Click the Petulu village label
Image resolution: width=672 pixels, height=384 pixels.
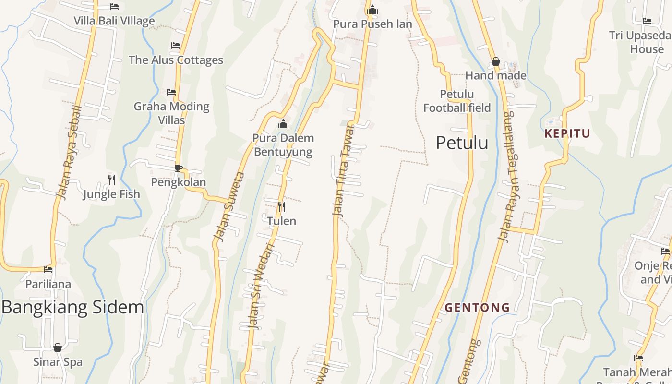coord(462,143)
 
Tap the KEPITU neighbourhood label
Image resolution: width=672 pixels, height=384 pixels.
coord(567,133)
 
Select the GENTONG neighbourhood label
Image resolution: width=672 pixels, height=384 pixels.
coord(477,307)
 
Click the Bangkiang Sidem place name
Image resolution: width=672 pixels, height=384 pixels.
coord(72,307)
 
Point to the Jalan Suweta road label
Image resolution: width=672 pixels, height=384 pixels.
coord(229,206)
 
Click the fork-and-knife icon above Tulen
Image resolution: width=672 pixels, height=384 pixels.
coord(282,207)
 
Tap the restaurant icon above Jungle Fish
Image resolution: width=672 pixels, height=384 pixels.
coord(112,180)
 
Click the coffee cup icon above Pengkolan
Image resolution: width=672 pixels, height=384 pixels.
coord(178,168)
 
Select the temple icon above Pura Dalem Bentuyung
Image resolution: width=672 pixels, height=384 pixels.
coord(283,124)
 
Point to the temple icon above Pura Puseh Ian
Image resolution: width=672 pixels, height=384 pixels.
coord(372,10)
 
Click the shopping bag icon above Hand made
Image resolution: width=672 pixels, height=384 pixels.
coord(496,61)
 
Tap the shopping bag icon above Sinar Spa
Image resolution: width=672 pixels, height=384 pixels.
coord(58,348)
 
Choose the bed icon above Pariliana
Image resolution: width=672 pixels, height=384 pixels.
coord(48,270)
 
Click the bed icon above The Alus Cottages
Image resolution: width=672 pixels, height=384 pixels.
coord(176,46)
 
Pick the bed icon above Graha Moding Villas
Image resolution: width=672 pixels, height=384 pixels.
coord(171,92)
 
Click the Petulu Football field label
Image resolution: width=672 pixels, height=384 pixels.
coord(457,101)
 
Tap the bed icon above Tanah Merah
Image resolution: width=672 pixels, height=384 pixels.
coord(638,358)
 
